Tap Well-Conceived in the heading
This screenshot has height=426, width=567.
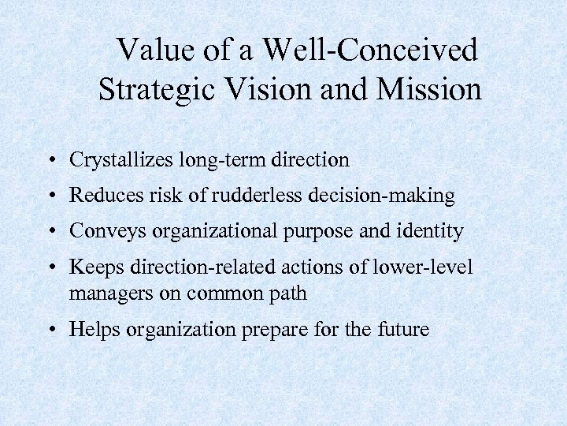(369, 50)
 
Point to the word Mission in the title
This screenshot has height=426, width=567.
(429, 89)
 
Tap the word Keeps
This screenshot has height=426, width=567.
(92, 267)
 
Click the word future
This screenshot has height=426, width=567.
(402, 329)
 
